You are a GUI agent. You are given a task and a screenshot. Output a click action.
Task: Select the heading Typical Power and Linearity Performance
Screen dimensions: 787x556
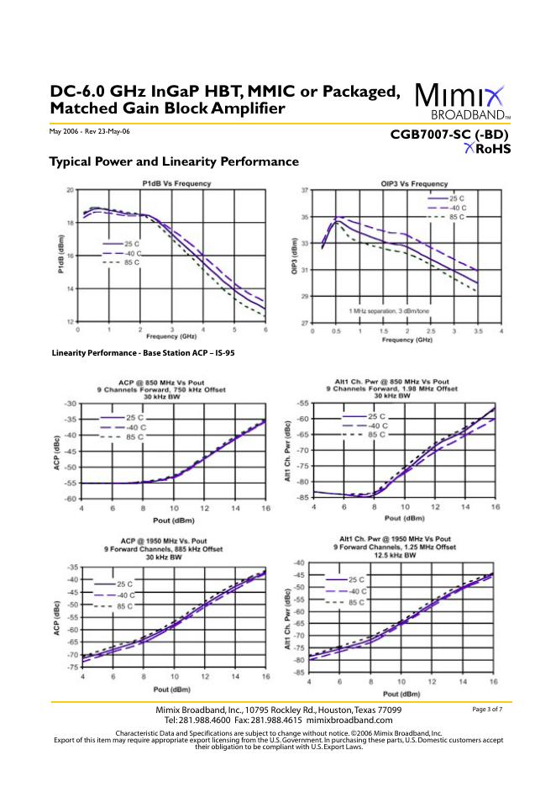click(x=174, y=161)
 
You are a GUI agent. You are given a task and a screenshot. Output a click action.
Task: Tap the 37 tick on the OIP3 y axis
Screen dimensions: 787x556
click(x=305, y=191)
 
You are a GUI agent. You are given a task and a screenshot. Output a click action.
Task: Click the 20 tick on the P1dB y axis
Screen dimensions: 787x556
click(x=71, y=191)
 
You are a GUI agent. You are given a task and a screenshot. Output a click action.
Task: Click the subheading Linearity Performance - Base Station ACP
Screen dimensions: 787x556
click(x=143, y=353)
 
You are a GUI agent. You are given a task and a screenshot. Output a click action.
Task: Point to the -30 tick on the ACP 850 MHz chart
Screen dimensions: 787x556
click(x=70, y=404)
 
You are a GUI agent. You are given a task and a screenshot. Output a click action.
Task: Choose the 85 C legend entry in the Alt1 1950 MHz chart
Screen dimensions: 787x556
click(x=356, y=603)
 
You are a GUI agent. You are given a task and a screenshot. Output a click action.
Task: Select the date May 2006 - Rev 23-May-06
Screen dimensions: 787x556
click(x=90, y=132)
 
